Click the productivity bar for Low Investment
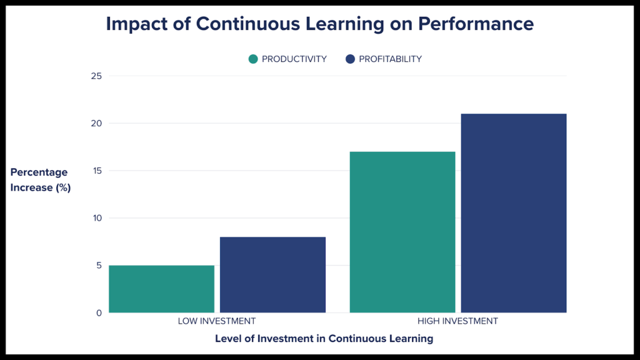(161, 289)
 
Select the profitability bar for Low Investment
(272, 274)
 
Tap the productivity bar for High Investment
(402, 232)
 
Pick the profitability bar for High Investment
(514, 213)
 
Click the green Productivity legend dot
(253, 59)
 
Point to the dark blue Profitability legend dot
(350, 59)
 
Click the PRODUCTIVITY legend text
(294, 59)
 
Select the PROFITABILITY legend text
(390, 59)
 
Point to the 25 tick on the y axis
(96, 76)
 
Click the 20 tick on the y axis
(96, 123)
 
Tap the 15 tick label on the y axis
(96, 171)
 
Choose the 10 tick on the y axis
(96, 218)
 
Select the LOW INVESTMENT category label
(217, 321)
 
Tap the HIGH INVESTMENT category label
(457, 321)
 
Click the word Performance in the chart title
(476, 24)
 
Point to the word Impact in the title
(139, 24)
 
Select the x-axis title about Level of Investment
(324, 339)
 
